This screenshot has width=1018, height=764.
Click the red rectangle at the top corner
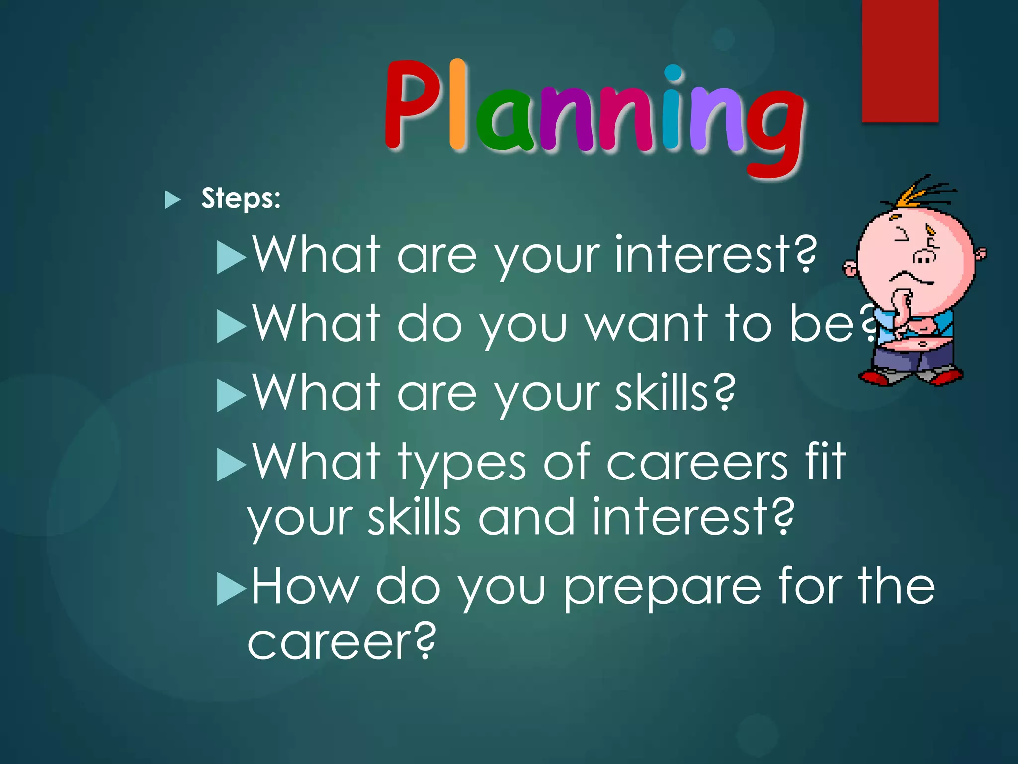(x=900, y=60)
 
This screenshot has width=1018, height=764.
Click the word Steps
(x=241, y=199)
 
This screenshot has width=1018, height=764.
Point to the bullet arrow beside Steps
(x=172, y=199)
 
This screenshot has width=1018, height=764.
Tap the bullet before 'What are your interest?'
(x=231, y=258)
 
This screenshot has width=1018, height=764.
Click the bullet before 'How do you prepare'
(x=231, y=589)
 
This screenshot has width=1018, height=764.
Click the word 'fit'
(x=825, y=463)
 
